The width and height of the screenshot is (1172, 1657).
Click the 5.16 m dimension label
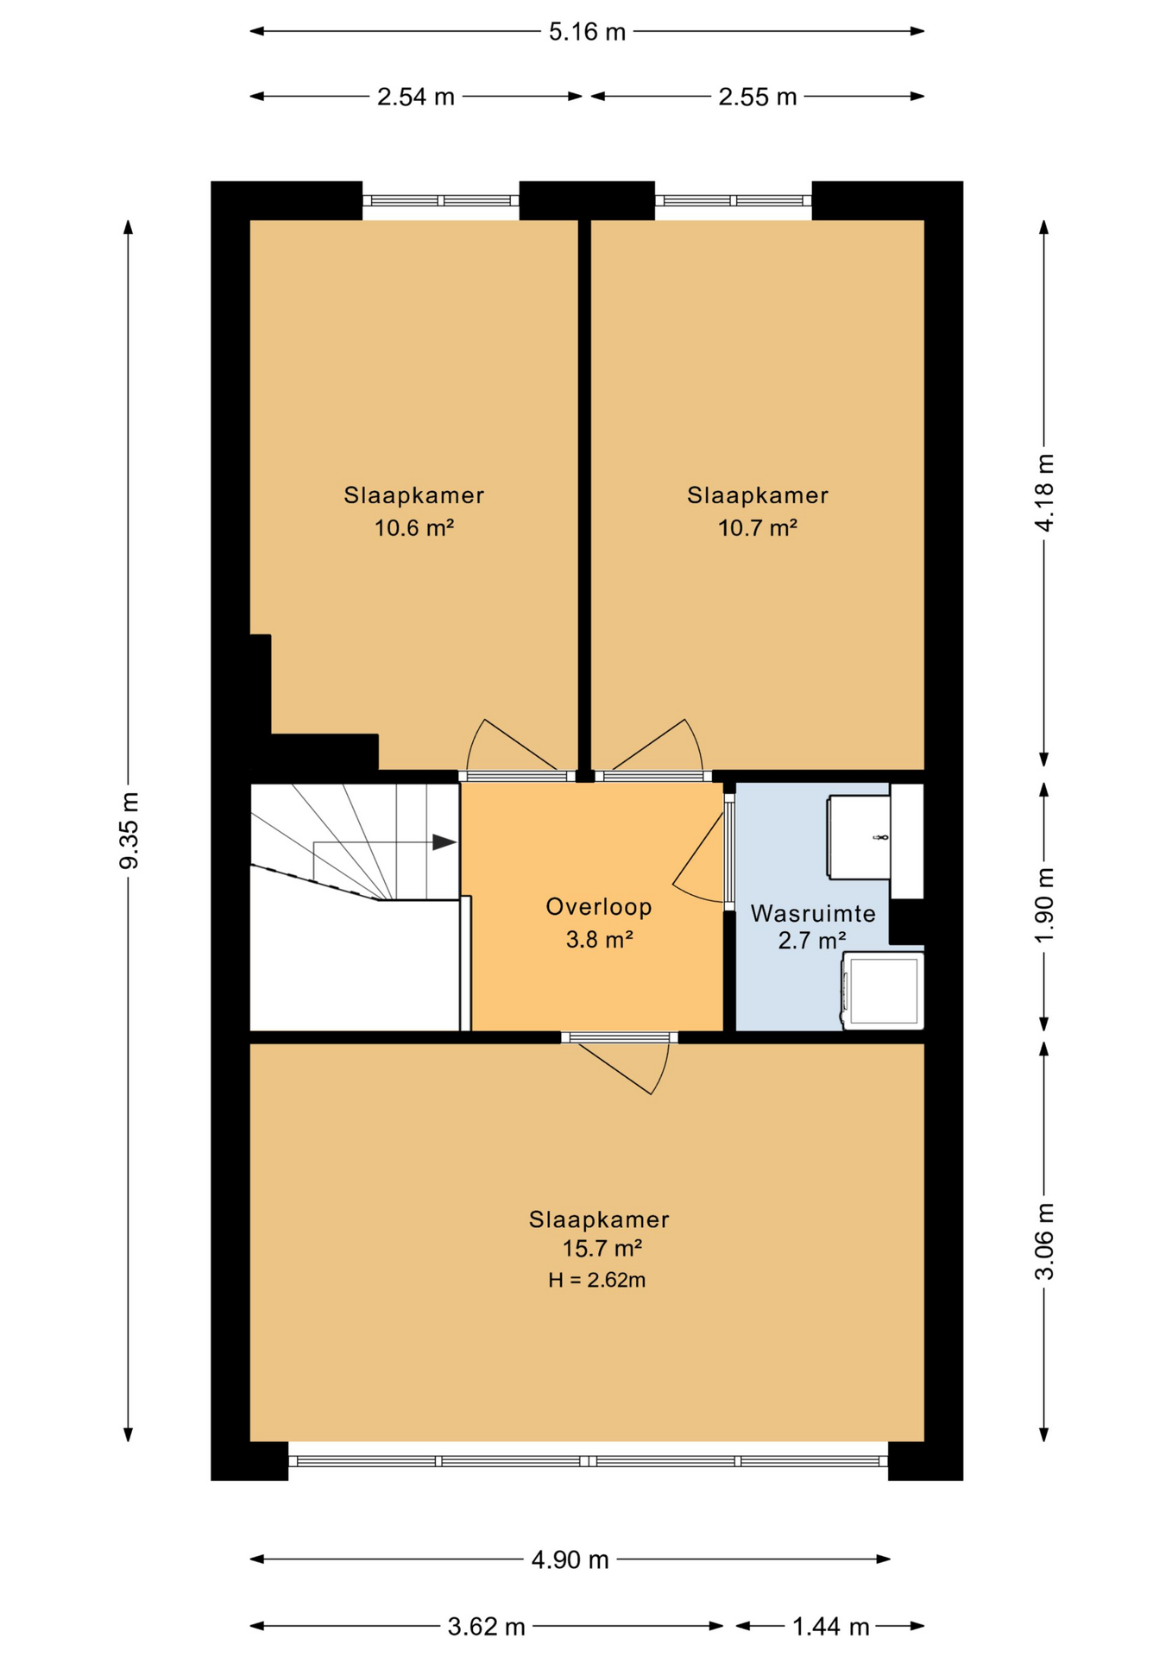click(587, 32)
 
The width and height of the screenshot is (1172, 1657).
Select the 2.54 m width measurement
click(415, 97)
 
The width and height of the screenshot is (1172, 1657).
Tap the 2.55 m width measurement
click(757, 97)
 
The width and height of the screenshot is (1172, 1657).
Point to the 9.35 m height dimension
click(129, 830)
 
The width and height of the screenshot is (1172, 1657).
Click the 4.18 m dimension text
click(1044, 492)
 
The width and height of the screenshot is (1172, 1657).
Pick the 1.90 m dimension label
click(1044, 906)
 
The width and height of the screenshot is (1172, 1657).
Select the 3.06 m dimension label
click(1044, 1241)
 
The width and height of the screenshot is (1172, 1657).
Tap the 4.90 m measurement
click(570, 1559)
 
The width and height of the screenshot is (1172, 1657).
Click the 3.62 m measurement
click(486, 1627)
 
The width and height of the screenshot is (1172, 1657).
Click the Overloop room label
click(599, 907)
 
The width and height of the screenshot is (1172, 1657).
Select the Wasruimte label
click(813, 914)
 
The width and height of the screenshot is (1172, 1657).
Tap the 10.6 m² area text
click(414, 527)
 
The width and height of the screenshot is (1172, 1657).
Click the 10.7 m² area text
click(758, 527)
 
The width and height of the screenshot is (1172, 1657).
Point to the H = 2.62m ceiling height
click(597, 1280)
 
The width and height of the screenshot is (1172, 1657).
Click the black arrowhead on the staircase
click(444, 842)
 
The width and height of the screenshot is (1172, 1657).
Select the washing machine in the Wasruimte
click(883, 992)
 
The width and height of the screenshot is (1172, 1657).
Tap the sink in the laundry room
click(859, 837)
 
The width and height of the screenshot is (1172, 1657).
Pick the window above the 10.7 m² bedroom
click(734, 201)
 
